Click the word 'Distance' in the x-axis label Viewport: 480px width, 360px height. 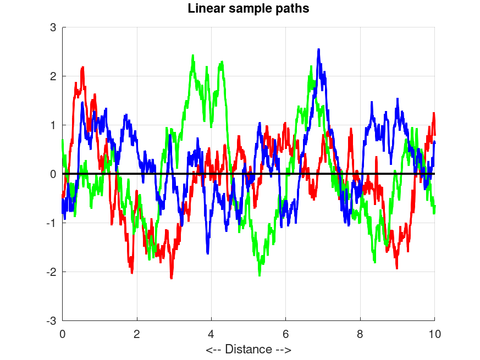click(248, 349)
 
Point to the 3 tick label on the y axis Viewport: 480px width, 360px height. click(53, 27)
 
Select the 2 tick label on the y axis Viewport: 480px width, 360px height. click(53, 76)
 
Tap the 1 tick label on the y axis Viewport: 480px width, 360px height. click(53, 125)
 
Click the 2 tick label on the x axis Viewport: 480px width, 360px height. click(137, 333)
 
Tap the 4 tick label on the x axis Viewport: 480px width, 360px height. click(211, 333)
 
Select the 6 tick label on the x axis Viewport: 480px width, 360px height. click(286, 333)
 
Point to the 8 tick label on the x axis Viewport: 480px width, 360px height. click(360, 333)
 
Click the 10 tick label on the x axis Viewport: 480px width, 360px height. click(434, 333)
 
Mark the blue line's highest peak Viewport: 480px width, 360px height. click(318, 49)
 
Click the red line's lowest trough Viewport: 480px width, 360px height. click(172, 278)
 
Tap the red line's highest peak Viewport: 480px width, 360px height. click(83, 67)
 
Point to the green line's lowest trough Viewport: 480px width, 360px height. click(260, 275)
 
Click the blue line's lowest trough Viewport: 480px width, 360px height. click(208, 253)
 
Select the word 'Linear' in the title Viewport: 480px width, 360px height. click(205, 9)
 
